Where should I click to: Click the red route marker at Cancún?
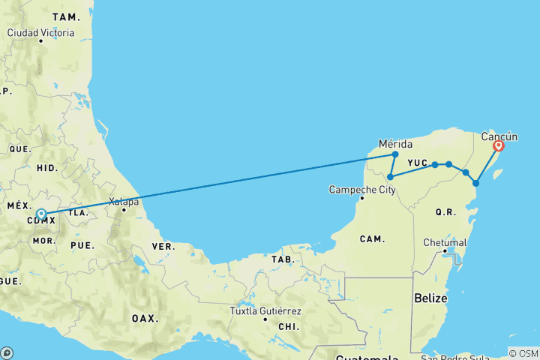coord(498,147)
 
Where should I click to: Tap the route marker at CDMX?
coord(41,214)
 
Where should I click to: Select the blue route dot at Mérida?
coord(395,154)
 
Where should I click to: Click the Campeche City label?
coord(362,190)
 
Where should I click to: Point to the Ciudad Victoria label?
coord(40,32)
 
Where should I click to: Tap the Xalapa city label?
coord(124,201)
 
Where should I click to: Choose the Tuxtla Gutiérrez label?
coord(266,311)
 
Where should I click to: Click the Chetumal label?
coord(445,243)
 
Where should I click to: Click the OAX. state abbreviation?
coord(145,318)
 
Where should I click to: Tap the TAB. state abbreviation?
coord(283,259)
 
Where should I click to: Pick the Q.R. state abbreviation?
coord(445,212)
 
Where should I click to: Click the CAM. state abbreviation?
coord(371,239)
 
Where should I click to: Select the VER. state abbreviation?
coord(164,246)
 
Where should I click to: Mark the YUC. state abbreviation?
coord(418,162)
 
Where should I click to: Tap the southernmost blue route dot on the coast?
coord(475,183)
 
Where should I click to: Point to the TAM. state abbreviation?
coord(65,16)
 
